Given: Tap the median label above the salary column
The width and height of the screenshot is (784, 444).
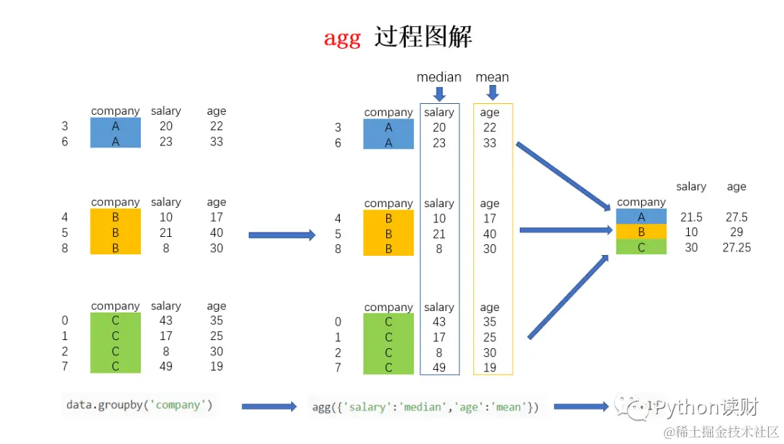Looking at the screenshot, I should pos(438,77).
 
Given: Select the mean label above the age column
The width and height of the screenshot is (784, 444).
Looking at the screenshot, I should pos(492,77).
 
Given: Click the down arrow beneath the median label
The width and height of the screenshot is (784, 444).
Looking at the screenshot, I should pos(439,94).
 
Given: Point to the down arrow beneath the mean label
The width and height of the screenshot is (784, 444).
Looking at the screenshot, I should pos(493,93).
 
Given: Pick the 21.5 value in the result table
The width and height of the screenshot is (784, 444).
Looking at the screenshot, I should pos(691,217).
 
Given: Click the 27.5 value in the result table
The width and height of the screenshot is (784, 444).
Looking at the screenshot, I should pos(736,217).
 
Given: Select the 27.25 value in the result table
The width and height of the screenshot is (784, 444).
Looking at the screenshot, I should pos(736,248).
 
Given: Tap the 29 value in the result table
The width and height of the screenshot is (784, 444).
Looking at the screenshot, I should pos(736,233).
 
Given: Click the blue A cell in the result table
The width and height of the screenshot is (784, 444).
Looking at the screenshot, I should pos(641,217).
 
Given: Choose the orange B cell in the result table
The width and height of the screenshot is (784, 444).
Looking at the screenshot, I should pos(641,232).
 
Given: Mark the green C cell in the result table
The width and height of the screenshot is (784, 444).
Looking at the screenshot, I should pos(641,247).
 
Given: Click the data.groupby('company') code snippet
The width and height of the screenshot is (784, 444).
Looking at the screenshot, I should pos(139,405).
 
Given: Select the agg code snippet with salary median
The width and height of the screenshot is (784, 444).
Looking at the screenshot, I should pos(425,407).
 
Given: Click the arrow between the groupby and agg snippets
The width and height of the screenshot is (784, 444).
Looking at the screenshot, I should pos(269,407).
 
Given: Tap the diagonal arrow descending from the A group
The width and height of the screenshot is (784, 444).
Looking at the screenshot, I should pos(563,174).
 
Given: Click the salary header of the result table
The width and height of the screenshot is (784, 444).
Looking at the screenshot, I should pos(691,187).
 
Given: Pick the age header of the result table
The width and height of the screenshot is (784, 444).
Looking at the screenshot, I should pos(736,187).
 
